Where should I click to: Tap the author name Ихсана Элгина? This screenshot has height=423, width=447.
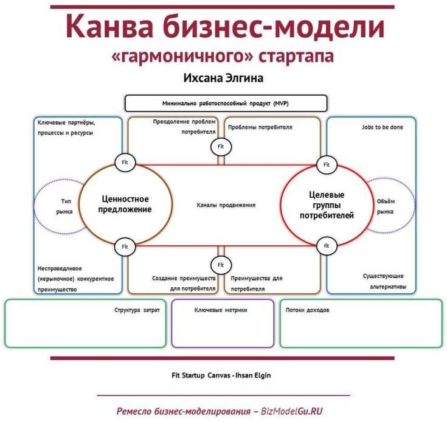223,78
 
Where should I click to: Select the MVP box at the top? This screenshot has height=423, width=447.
226,103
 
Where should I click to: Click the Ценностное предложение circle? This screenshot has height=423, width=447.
125,204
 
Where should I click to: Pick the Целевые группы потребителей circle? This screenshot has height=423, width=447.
327,205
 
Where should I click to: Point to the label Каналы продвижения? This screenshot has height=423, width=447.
226,205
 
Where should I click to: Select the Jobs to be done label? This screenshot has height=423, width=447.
382,128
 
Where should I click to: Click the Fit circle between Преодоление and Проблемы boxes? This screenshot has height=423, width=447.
221,147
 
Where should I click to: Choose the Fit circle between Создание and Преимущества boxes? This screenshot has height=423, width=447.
221,265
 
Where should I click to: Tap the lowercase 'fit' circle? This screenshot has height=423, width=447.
327,246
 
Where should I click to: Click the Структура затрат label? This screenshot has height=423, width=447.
137,310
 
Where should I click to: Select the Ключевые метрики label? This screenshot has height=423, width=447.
225,310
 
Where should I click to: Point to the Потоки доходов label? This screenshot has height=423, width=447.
308,310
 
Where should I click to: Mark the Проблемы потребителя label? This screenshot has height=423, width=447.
260,128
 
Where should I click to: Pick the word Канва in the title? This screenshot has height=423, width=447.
103,28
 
